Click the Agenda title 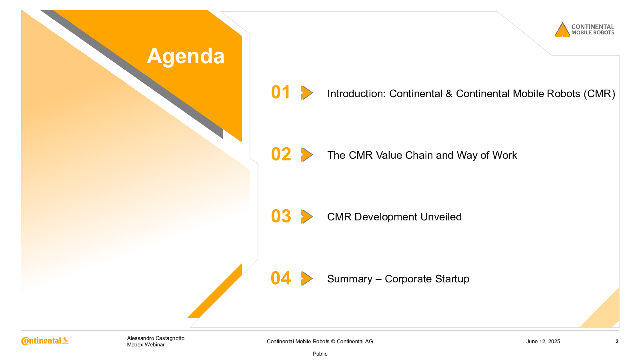pyautogui.click(x=186, y=56)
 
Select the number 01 pyautogui.click(x=280, y=92)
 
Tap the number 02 pyautogui.click(x=281, y=154)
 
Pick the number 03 pyautogui.click(x=281, y=216)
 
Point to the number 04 pyautogui.click(x=280, y=278)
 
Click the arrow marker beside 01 pyautogui.click(x=307, y=93)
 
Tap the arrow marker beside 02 pyautogui.click(x=307, y=155)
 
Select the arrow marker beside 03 pyautogui.click(x=307, y=216)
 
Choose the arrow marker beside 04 pyautogui.click(x=307, y=278)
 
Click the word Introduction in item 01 pyautogui.click(x=356, y=94)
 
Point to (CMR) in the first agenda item pyautogui.click(x=599, y=94)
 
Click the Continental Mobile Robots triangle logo pyautogui.click(x=562, y=30)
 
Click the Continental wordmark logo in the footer pyautogui.click(x=44, y=341)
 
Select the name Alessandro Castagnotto pyautogui.click(x=156, y=338)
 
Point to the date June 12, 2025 pyautogui.click(x=543, y=342)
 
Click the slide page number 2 pyautogui.click(x=617, y=342)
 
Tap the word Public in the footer pyautogui.click(x=320, y=354)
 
